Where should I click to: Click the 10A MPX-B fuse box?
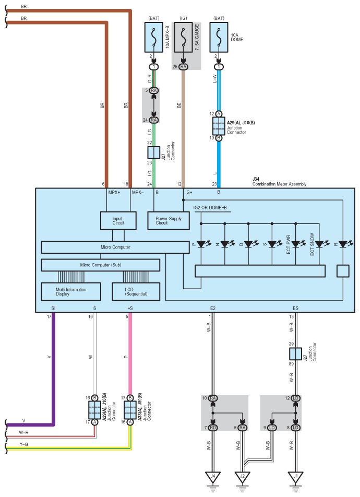(x=154, y=37)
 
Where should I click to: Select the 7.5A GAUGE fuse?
(x=183, y=37)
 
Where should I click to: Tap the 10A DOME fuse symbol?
(x=219, y=37)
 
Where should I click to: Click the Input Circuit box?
(x=118, y=221)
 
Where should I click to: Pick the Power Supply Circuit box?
(x=169, y=221)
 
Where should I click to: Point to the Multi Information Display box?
(x=71, y=292)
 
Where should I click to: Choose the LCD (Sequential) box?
(x=136, y=292)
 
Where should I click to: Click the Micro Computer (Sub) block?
(x=101, y=265)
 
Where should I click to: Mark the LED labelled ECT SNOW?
(x=320, y=244)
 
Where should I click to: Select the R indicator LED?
(x=343, y=244)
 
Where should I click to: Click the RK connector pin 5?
(x=154, y=90)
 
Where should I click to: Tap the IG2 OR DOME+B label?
(x=210, y=208)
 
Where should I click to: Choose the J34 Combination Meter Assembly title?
(x=279, y=182)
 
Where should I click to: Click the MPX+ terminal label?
(x=114, y=193)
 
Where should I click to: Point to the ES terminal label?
(x=295, y=308)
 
